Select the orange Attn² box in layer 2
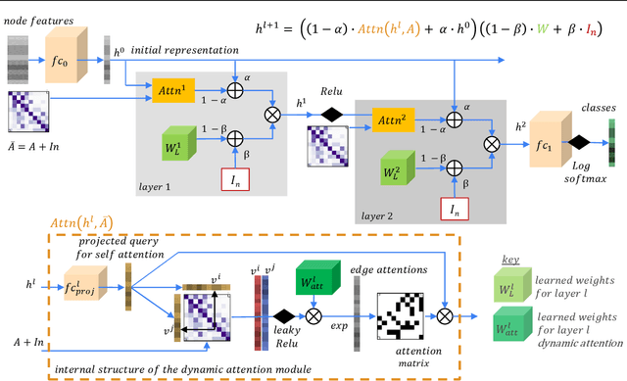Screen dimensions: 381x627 pos(390,121)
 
